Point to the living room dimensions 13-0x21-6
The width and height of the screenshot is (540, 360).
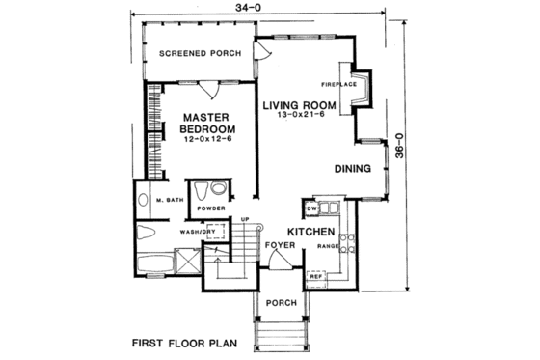302,116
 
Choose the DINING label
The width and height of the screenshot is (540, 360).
353,168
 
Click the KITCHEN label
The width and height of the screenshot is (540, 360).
310,233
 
